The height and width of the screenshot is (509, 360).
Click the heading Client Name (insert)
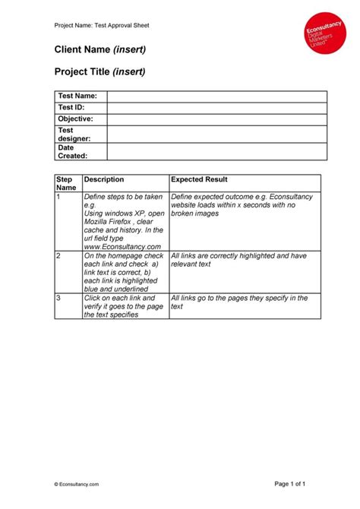99,50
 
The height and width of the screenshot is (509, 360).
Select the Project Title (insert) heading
99,72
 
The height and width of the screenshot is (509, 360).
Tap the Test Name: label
77,96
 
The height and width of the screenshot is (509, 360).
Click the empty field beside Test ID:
216,108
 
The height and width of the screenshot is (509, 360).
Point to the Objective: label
75,119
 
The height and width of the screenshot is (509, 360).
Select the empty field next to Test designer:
216,134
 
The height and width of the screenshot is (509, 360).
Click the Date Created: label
73,151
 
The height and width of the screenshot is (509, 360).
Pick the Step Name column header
66,183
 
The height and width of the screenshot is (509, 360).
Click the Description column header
104,179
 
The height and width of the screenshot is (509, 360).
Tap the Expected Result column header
199,179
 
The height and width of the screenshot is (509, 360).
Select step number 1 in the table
58,197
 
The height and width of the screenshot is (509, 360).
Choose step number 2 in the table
58,256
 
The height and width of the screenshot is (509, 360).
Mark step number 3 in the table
58,299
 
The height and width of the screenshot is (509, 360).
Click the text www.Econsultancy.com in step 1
122,246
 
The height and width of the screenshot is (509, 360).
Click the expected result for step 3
239,302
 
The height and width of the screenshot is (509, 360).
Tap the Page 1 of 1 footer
289,484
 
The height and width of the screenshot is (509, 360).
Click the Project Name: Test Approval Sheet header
102,25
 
